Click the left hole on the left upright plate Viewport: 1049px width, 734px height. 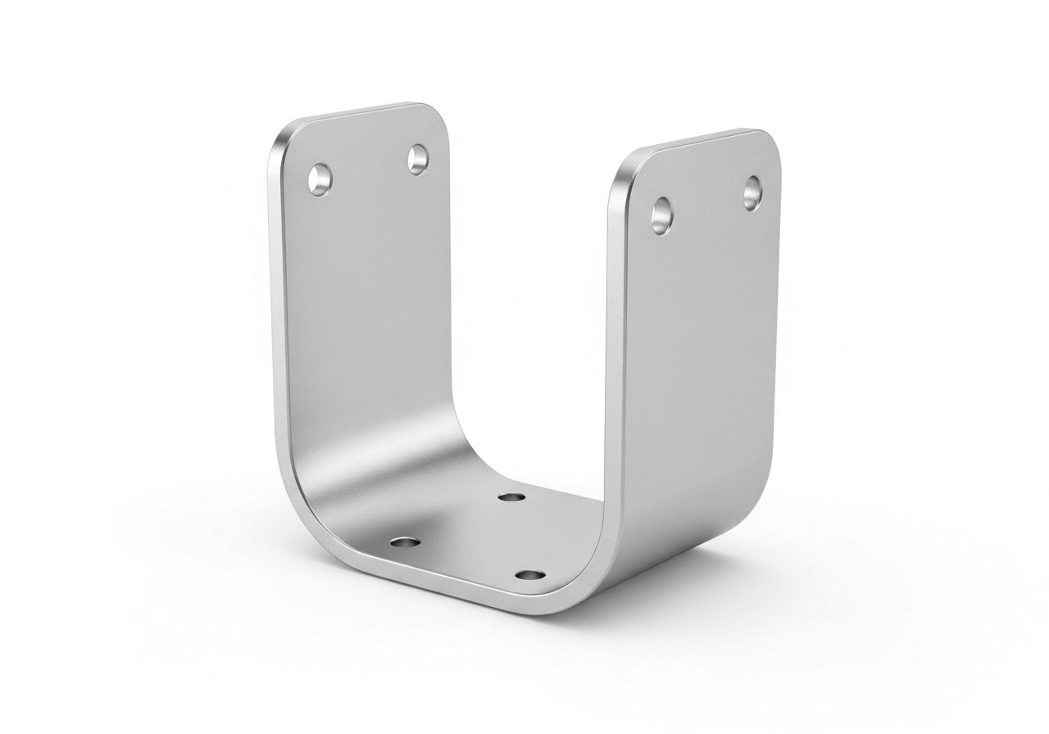point(319,179)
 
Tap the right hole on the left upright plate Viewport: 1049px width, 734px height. point(418,158)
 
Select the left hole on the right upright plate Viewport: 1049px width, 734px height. point(662,213)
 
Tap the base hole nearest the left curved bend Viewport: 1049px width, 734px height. point(403,543)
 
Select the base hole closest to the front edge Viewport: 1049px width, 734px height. point(531,576)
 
